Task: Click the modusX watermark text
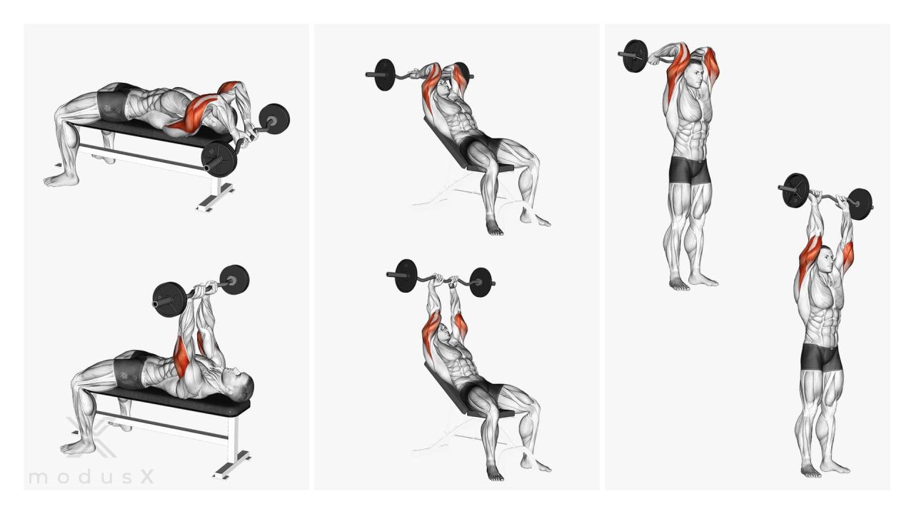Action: [x=91, y=477]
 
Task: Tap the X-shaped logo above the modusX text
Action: [x=91, y=437]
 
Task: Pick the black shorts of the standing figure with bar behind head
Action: [x=690, y=170]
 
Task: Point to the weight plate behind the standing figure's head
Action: [x=636, y=56]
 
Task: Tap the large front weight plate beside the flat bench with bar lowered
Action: [x=219, y=159]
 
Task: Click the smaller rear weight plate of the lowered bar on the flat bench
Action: [x=274, y=118]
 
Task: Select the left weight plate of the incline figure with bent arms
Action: [x=385, y=75]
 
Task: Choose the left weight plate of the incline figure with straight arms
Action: [x=406, y=276]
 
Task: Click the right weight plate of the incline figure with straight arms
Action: [x=480, y=282]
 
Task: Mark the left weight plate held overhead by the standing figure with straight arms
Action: [x=795, y=191]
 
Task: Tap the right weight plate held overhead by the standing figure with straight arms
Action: [x=860, y=204]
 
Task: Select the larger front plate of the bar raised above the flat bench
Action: [x=170, y=300]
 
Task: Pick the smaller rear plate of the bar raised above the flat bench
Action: [x=234, y=281]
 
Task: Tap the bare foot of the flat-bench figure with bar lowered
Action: [x=61, y=179]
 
